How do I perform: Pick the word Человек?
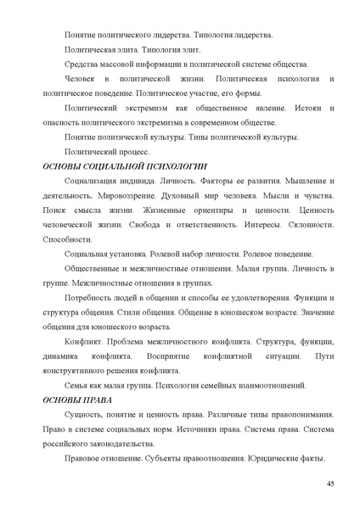point(81,79)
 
